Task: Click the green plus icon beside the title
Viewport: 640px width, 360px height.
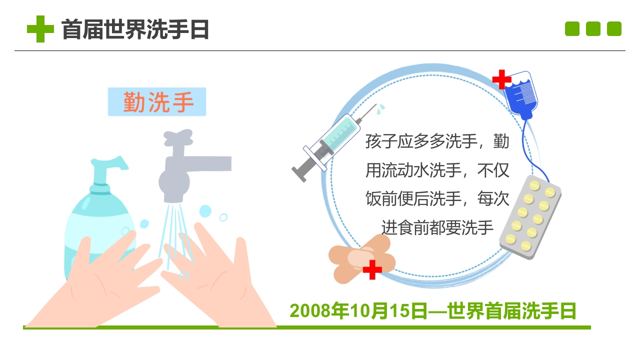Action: pos(40,29)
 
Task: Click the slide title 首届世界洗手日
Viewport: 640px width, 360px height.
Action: pos(135,29)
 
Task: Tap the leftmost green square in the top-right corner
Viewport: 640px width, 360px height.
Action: pos(572,29)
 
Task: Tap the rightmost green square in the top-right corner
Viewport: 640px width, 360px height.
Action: pos(614,29)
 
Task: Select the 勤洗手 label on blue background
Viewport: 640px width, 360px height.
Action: pos(157,102)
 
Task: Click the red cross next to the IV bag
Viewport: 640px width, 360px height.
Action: pos(501,79)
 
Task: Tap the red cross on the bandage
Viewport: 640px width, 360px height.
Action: pos(372,270)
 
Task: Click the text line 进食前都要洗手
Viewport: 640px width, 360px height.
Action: pos(437,227)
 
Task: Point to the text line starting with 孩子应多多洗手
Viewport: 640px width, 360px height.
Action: pos(437,141)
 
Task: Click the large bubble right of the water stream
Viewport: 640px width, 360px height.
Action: pos(205,211)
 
